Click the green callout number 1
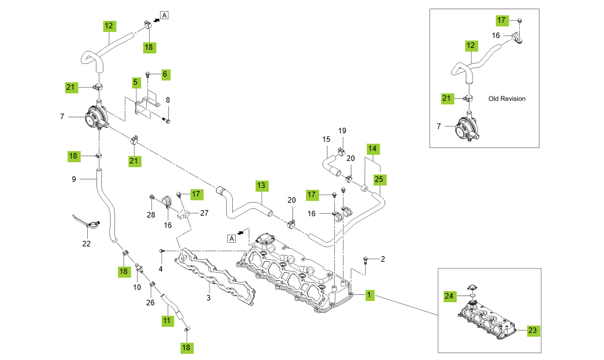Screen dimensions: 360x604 pyautogui.click(x=369, y=295)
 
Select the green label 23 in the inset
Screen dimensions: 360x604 pyautogui.click(x=532, y=330)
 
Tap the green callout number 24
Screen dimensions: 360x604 pyautogui.click(x=449, y=295)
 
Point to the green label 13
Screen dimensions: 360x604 pyautogui.click(x=261, y=185)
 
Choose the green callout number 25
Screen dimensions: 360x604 pyautogui.click(x=378, y=179)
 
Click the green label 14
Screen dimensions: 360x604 pyautogui.click(x=372, y=149)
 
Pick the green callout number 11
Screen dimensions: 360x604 pyautogui.click(x=167, y=321)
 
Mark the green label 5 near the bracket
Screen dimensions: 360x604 pyautogui.click(x=135, y=81)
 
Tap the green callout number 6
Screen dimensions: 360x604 pyautogui.click(x=165, y=74)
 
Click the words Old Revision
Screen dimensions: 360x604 pyautogui.click(x=507, y=98)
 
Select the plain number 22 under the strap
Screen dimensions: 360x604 pyautogui.click(x=87, y=243)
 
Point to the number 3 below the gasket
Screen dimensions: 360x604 pyautogui.click(x=208, y=298)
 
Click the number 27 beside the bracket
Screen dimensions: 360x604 pyautogui.click(x=204, y=213)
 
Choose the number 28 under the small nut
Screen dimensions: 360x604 pyautogui.click(x=151, y=214)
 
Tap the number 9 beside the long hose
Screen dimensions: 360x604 pyautogui.click(x=74, y=179)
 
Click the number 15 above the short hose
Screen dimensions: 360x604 pyautogui.click(x=326, y=140)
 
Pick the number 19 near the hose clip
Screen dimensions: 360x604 pyautogui.click(x=342, y=131)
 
